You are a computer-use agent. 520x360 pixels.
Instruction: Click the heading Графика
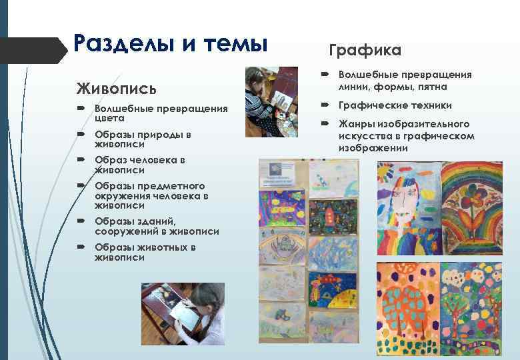click(x=365, y=51)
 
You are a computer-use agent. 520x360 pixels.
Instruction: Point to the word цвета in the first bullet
click(x=109, y=118)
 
